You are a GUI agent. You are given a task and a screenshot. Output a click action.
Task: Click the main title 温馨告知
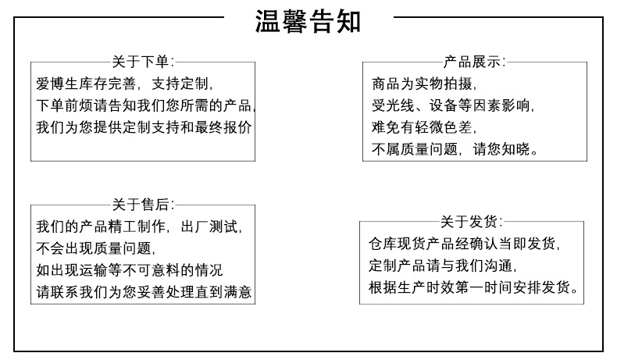coord(308,20)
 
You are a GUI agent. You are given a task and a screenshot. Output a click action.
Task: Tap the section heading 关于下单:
coord(143,62)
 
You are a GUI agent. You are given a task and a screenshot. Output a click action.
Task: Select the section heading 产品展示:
coord(474,62)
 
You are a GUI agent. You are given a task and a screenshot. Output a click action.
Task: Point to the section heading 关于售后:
coord(143,205)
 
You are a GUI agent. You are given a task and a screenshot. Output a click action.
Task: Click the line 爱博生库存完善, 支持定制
coord(124,83)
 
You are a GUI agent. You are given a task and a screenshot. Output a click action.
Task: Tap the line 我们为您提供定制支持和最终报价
coord(144,127)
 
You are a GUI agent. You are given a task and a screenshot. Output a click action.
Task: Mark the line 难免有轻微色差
coord(424,127)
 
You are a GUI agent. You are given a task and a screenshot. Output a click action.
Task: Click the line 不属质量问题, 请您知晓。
coord(456,148)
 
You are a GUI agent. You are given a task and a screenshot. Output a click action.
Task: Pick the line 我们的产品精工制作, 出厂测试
coord(140,227)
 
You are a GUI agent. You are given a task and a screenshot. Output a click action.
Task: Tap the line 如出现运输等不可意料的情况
coord(129,271)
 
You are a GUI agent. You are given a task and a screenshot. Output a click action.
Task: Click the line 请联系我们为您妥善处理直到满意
coord(144,293)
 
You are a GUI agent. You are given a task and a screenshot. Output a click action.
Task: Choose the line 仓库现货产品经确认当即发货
coord(464,243)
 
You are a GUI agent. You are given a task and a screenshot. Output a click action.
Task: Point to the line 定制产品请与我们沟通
coord(442,265)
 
